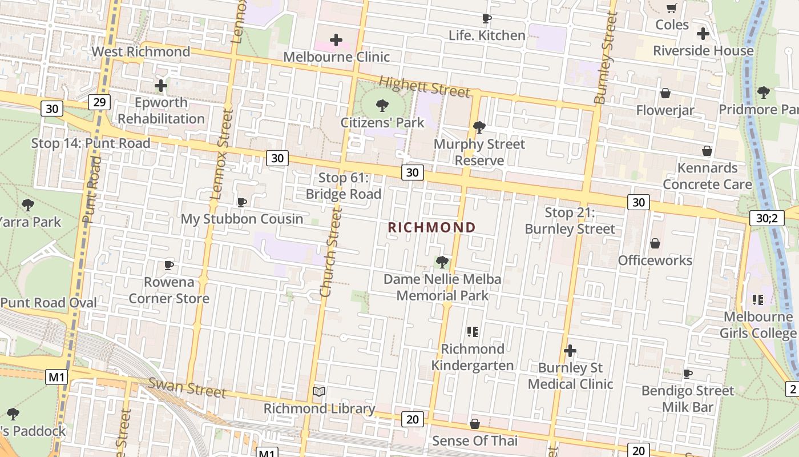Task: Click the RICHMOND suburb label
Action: [431, 227]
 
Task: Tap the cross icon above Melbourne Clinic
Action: [336, 40]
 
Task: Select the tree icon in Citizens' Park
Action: [382, 106]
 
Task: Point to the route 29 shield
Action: [99, 102]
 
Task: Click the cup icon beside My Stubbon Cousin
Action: [242, 202]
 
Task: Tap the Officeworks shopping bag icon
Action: [655, 244]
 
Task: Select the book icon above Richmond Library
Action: [319, 392]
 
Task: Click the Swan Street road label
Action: [187, 388]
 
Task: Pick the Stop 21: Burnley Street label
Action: [570, 221]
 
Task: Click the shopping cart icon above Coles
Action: [672, 8]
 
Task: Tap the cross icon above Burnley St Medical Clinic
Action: [570, 351]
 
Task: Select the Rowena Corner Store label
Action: [169, 290]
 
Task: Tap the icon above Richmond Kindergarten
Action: [472, 331]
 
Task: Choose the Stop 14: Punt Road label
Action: [91, 143]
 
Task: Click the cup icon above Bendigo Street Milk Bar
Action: [688, 374]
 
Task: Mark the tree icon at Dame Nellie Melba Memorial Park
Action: [442, 262]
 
